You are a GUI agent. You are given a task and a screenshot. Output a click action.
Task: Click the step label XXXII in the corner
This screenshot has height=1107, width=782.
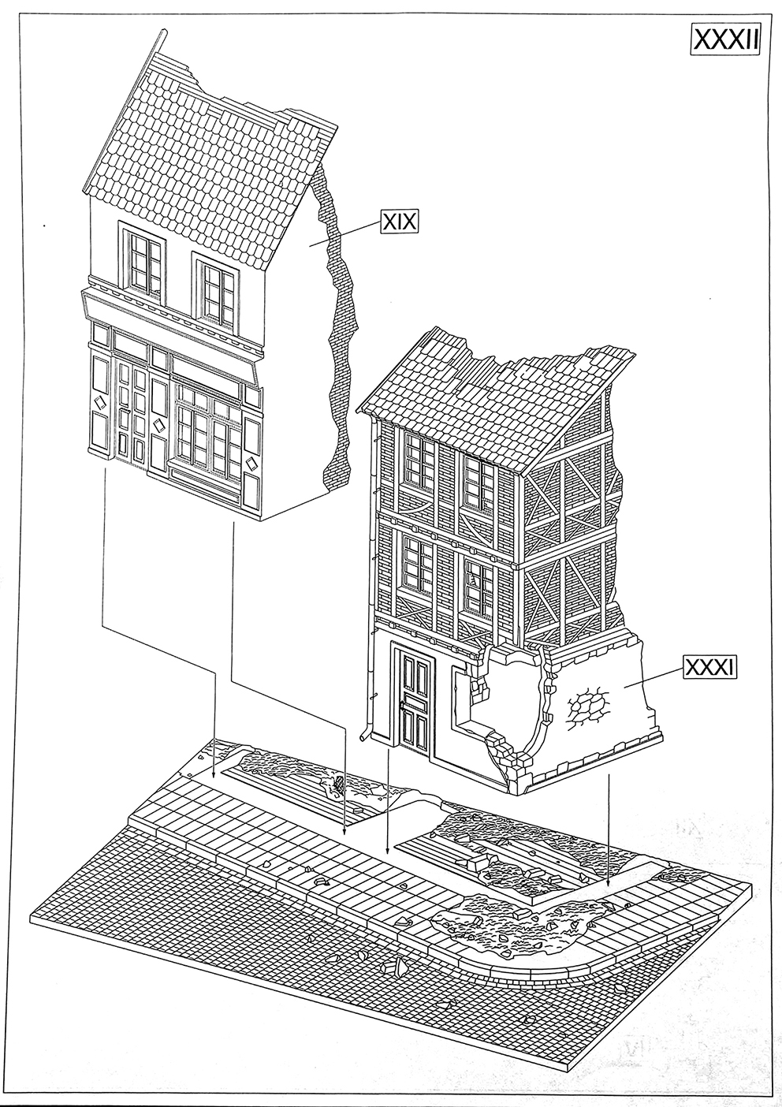[724, 39]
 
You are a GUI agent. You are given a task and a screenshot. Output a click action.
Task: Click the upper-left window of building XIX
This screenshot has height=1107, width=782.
[143, 259]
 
